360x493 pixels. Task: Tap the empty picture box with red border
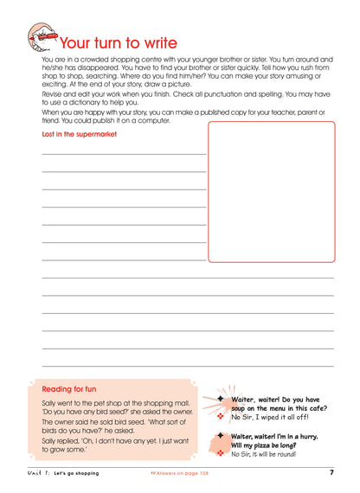pyautogui.click(x=271, y=191)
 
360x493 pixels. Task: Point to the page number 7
pyautogui.click(x=331, y=472)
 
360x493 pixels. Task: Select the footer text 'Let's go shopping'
pyautogui.click(x=78, y=473)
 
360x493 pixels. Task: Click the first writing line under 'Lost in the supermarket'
pyautogui.click(x=124, y=153)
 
